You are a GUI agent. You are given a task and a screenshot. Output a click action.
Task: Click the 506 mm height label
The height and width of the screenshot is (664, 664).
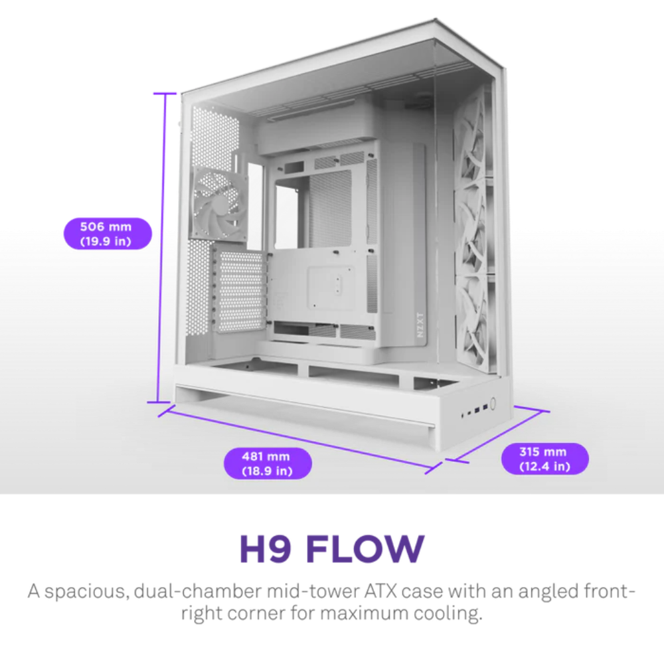[108, 234]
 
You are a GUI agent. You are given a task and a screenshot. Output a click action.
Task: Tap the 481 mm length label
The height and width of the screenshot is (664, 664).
[268, 463]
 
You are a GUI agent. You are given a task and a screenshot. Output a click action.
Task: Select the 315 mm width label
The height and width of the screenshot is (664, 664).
[544, 459]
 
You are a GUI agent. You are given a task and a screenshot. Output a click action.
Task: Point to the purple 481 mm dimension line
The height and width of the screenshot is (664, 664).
[300, 439]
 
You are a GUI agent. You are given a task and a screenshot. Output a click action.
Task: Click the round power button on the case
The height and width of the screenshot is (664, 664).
[493, 404]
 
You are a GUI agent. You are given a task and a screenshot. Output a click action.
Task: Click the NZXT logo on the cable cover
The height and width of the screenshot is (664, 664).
[420, 325]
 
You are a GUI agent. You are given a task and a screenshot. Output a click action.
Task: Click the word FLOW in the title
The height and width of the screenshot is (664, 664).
[365, 549]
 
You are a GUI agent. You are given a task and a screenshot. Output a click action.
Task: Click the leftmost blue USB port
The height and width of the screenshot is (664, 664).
[476, 409]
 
